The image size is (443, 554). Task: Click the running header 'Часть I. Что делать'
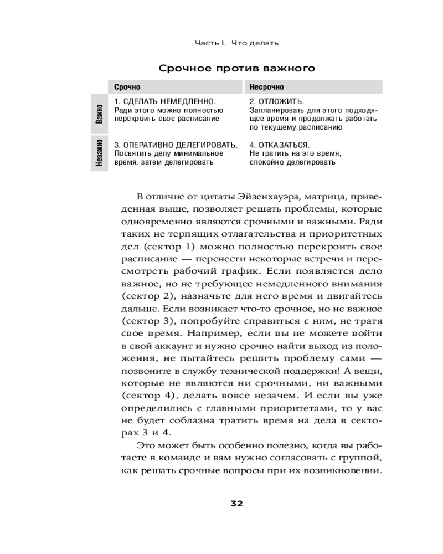pos(236,43)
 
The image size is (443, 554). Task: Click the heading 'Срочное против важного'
pos(237,69)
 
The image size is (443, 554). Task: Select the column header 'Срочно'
pos(127,87)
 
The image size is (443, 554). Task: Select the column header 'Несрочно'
pos(266,87)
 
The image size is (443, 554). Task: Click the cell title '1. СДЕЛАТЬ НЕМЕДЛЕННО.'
pos(164,102)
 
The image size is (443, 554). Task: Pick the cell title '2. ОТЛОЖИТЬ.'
pos(276,102)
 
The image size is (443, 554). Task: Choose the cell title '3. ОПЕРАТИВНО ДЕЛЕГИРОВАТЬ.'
pos(176,145)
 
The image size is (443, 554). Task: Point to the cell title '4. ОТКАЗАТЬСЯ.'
pos(279,145)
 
